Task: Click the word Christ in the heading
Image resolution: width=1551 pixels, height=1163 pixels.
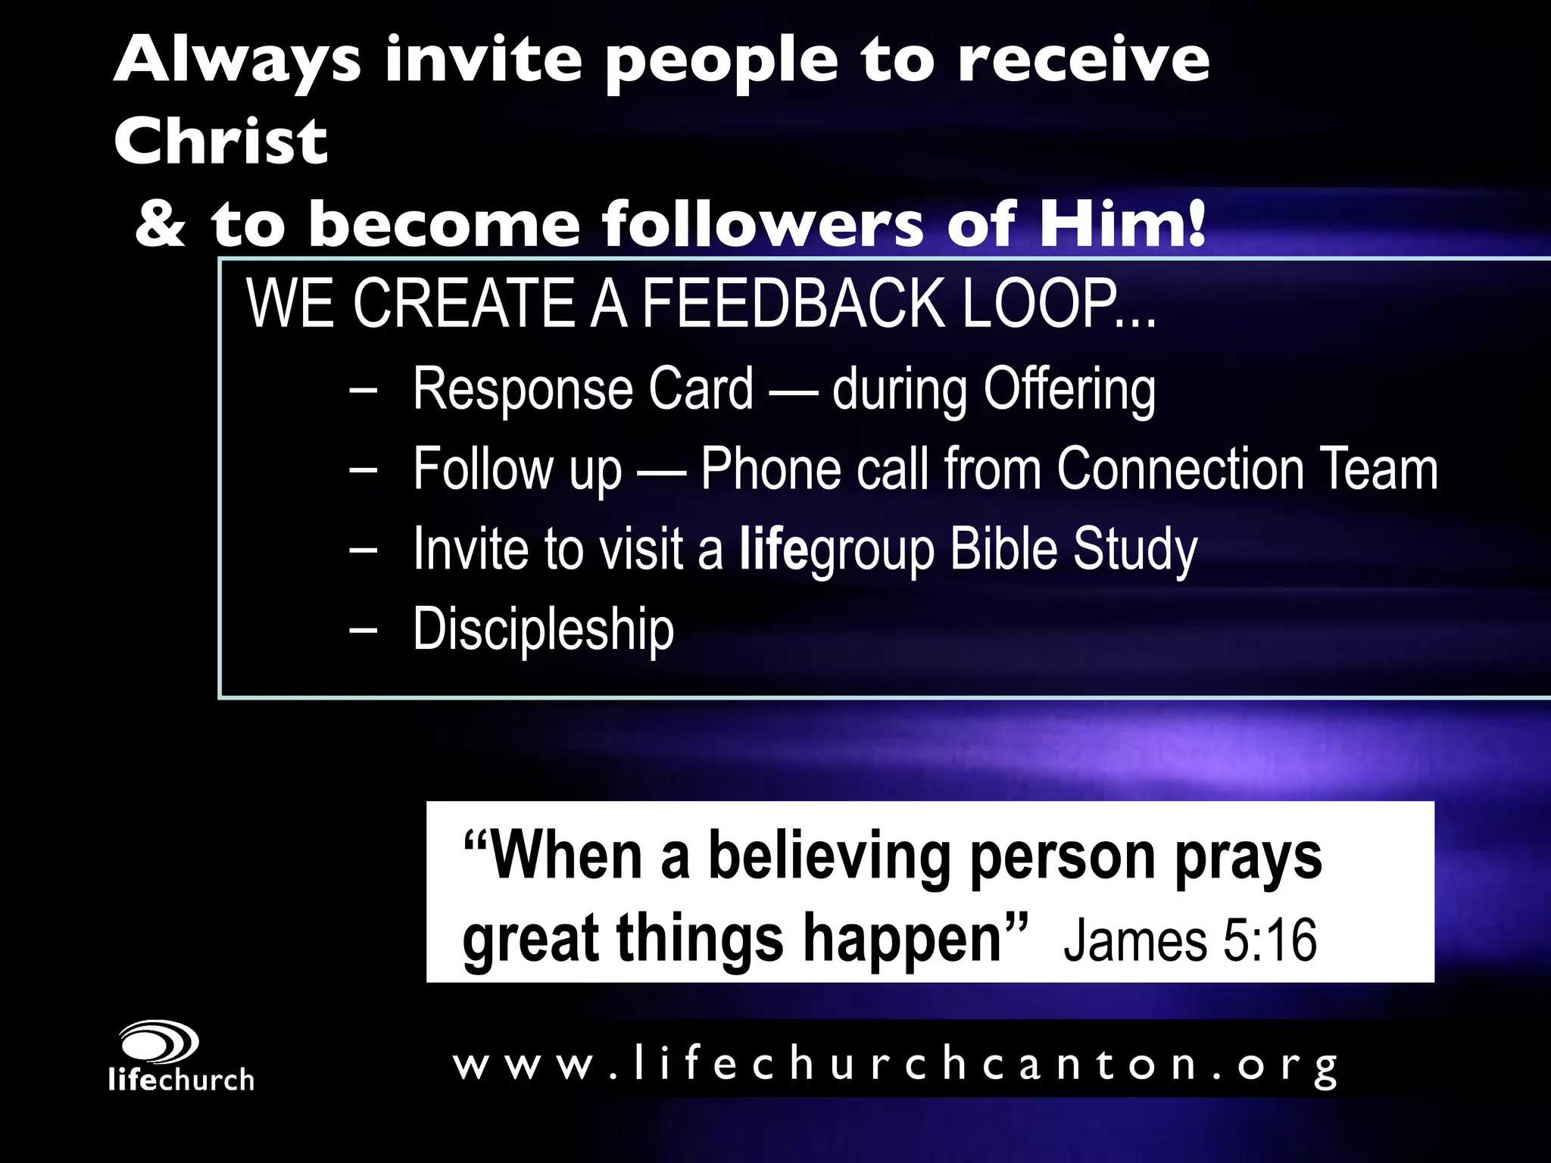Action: [220, 142]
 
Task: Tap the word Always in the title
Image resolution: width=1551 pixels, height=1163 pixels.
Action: [237, 61]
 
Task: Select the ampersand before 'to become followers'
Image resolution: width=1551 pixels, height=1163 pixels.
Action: [161, 225]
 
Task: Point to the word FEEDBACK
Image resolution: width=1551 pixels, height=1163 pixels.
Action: [794, 304]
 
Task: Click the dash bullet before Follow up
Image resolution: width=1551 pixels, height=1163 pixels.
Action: [364, 470]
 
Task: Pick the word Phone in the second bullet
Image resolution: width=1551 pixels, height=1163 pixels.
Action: [771, 470]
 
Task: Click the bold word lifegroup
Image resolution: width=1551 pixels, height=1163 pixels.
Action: [837, 550]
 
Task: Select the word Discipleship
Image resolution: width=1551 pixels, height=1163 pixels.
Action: [543, 630]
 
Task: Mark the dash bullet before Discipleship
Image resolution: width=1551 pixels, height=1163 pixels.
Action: [364, 630]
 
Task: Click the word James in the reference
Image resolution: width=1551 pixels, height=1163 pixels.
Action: [1134, 940]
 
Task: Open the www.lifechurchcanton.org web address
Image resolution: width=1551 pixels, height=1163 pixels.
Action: [895, 1065]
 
